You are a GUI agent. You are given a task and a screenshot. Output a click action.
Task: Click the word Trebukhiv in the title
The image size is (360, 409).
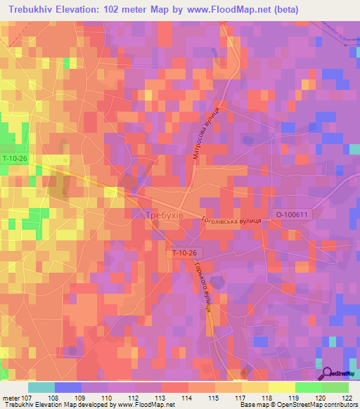click(x=34, y=10)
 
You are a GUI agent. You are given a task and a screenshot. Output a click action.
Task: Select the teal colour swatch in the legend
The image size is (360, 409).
click(x=41, y=387)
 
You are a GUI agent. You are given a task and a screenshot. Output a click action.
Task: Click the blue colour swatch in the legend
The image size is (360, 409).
click(x=67, y=387)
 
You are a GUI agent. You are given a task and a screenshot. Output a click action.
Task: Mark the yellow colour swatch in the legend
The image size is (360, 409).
click(x=281, y=387)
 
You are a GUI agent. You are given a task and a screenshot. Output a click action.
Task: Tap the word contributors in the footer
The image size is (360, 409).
click(x=340, y=404)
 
